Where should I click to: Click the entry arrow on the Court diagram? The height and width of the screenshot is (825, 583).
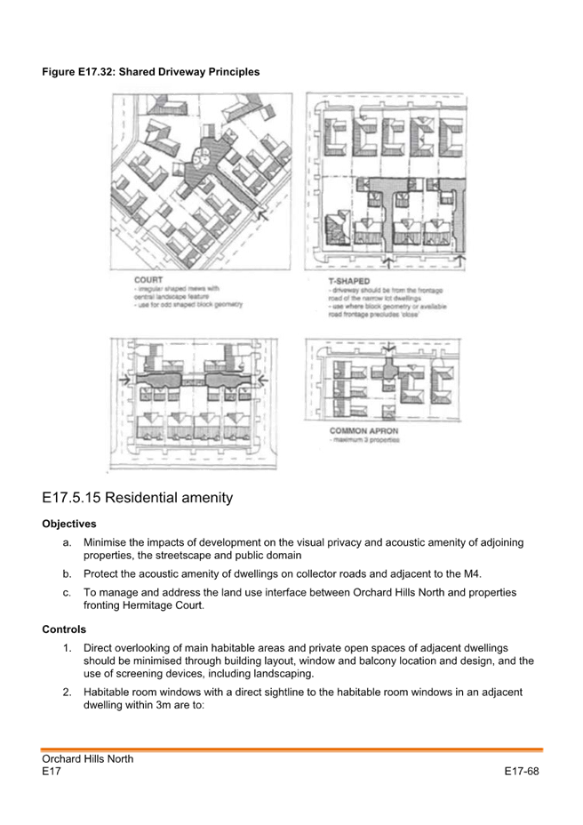[260, 212]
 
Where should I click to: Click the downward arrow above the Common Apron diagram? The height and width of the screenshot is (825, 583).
[388, 347]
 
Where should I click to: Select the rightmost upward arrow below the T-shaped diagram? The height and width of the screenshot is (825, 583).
[459, 259]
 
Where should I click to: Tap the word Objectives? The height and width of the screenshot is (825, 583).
[69, 525]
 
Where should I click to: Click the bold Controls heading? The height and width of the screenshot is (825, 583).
[64, 629]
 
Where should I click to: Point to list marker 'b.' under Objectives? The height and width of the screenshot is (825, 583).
[68, 573]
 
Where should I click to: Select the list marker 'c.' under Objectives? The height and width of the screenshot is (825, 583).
[68, 592]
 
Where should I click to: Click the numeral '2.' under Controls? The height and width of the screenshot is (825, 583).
[68, 691]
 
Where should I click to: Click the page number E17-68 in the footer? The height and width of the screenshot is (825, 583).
[522, 772]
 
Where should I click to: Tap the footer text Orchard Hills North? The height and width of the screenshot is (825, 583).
[87, 759]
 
